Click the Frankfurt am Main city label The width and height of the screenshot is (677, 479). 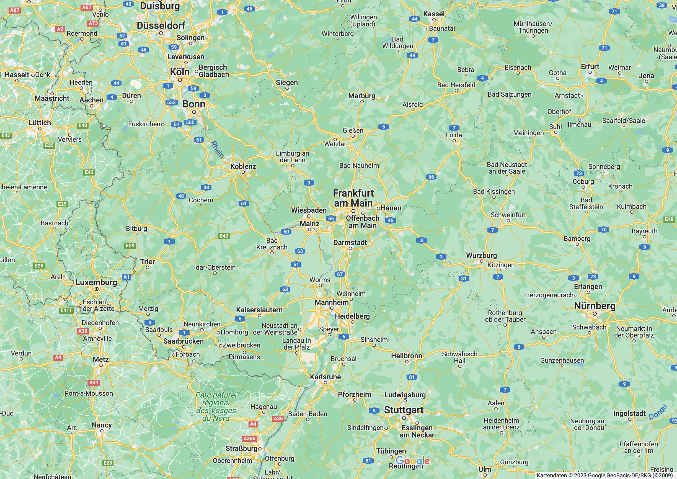coord(353,198)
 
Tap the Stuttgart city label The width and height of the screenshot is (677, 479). coord(404,410)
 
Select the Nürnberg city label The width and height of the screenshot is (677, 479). coord(595,306)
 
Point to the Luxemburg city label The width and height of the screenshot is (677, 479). coord(96,282)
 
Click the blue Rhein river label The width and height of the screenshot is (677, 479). coord(217,149)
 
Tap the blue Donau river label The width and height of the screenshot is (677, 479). coord(658,412)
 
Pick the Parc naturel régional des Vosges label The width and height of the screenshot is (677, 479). coord(216,406)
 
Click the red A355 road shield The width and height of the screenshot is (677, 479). coord(249,439)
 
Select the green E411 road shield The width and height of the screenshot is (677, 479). coord(66,310)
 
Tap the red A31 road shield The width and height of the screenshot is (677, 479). coord(94,383)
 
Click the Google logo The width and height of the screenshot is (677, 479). coord(412,460)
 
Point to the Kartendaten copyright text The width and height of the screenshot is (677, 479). coord(605,475)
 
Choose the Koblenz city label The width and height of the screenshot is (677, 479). coord(243,166)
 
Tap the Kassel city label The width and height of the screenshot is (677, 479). coord(434,14)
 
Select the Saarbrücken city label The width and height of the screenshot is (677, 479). coord(184,341)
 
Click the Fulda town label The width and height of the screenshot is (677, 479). coord(454,135)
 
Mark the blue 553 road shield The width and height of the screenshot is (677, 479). coord(171,102)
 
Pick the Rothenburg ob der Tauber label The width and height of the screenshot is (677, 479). coord(505,316)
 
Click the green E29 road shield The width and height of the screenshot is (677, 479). coord(130,245)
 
